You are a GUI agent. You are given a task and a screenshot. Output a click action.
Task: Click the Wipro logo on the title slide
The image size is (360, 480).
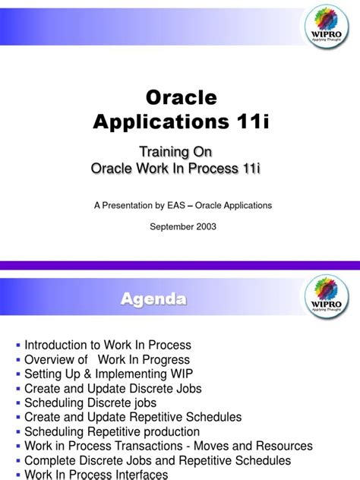point(327,27)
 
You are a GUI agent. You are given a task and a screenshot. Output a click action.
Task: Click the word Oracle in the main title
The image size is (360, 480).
point(180,98)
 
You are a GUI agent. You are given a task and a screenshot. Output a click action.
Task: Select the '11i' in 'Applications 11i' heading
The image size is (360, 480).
point(253,122)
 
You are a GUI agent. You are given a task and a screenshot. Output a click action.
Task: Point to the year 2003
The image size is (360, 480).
point(202,227)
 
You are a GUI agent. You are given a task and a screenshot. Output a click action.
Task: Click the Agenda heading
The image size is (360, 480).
point(153,300)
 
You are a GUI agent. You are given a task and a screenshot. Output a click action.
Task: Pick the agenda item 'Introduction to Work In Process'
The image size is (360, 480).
point(107,345)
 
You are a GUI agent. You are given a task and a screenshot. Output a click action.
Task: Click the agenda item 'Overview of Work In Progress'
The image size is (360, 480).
point(107,359)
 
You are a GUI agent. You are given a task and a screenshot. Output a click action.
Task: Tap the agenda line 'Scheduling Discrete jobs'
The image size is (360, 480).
point(90,403)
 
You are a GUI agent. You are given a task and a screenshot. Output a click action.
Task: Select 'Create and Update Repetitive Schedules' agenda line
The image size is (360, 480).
point(133,417)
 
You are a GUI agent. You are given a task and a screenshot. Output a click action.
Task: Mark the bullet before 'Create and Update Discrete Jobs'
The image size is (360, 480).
point(18,388)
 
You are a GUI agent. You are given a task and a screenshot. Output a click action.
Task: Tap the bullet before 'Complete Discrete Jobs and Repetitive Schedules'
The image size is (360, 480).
point(18,460)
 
